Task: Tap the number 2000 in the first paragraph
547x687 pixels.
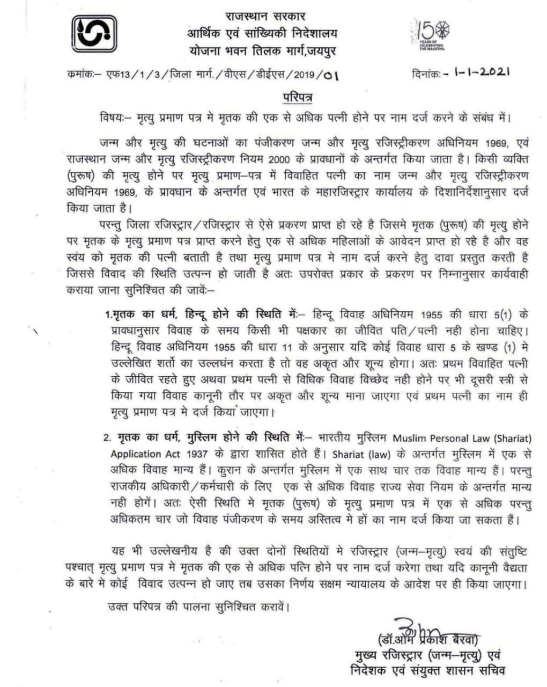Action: pyautogui.click(x=282, y=159)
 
